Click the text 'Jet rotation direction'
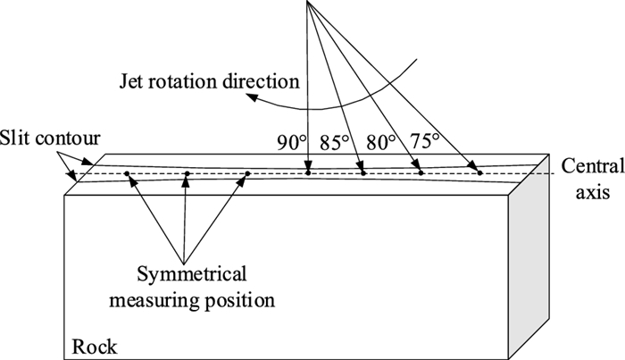pos(208,81)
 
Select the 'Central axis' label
pos(587,176)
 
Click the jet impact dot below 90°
pos(307,172)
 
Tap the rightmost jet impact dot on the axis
pos(479,172)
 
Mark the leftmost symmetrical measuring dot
pos(128,173)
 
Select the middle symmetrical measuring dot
pos(187,173)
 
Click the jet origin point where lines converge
pos(306,2)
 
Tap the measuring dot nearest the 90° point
pos(247,173)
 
